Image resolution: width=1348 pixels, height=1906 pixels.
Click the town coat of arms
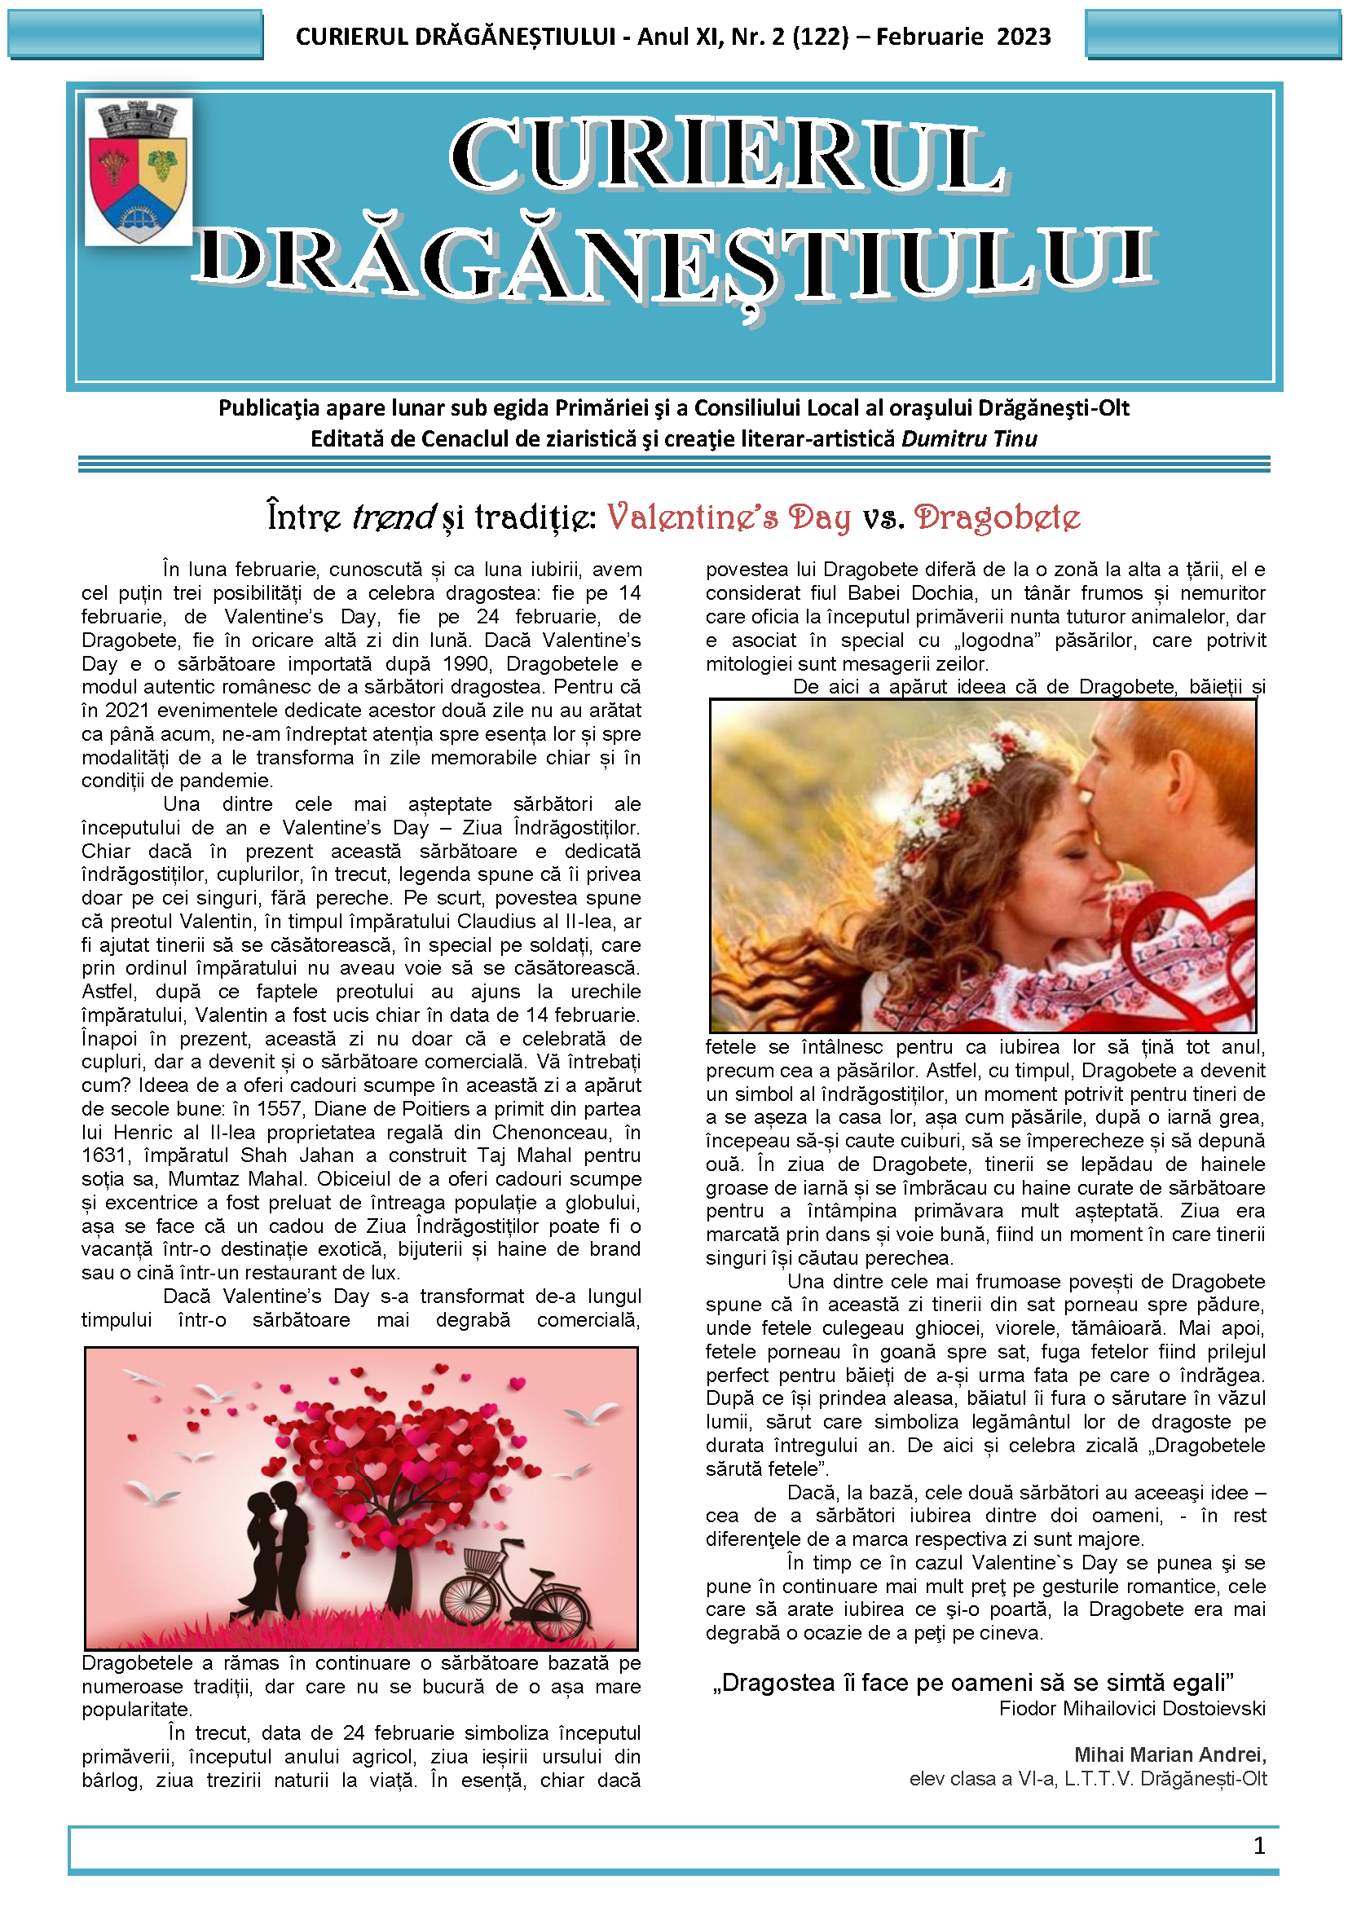(x=139, y=172)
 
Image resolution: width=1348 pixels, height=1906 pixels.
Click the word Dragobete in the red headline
(x=997, y=517)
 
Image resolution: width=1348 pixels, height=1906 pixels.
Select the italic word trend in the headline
(x=394, y=517)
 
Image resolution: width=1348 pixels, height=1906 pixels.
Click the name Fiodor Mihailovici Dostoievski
(x=1132, y=1709)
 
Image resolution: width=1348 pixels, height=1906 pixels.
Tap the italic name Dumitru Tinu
(x=969, y=438)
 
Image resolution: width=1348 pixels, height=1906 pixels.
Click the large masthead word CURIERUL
(x=726, y=156)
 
